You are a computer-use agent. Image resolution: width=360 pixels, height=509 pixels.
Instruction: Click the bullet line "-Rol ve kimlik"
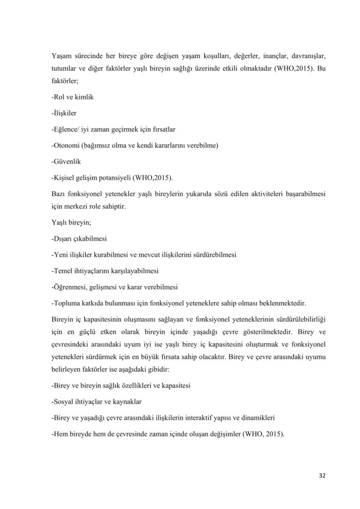point(73,97)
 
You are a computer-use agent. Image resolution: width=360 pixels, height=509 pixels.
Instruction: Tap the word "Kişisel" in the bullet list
point(65,177)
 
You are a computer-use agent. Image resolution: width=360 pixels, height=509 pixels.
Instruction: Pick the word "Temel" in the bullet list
point(64,271)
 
